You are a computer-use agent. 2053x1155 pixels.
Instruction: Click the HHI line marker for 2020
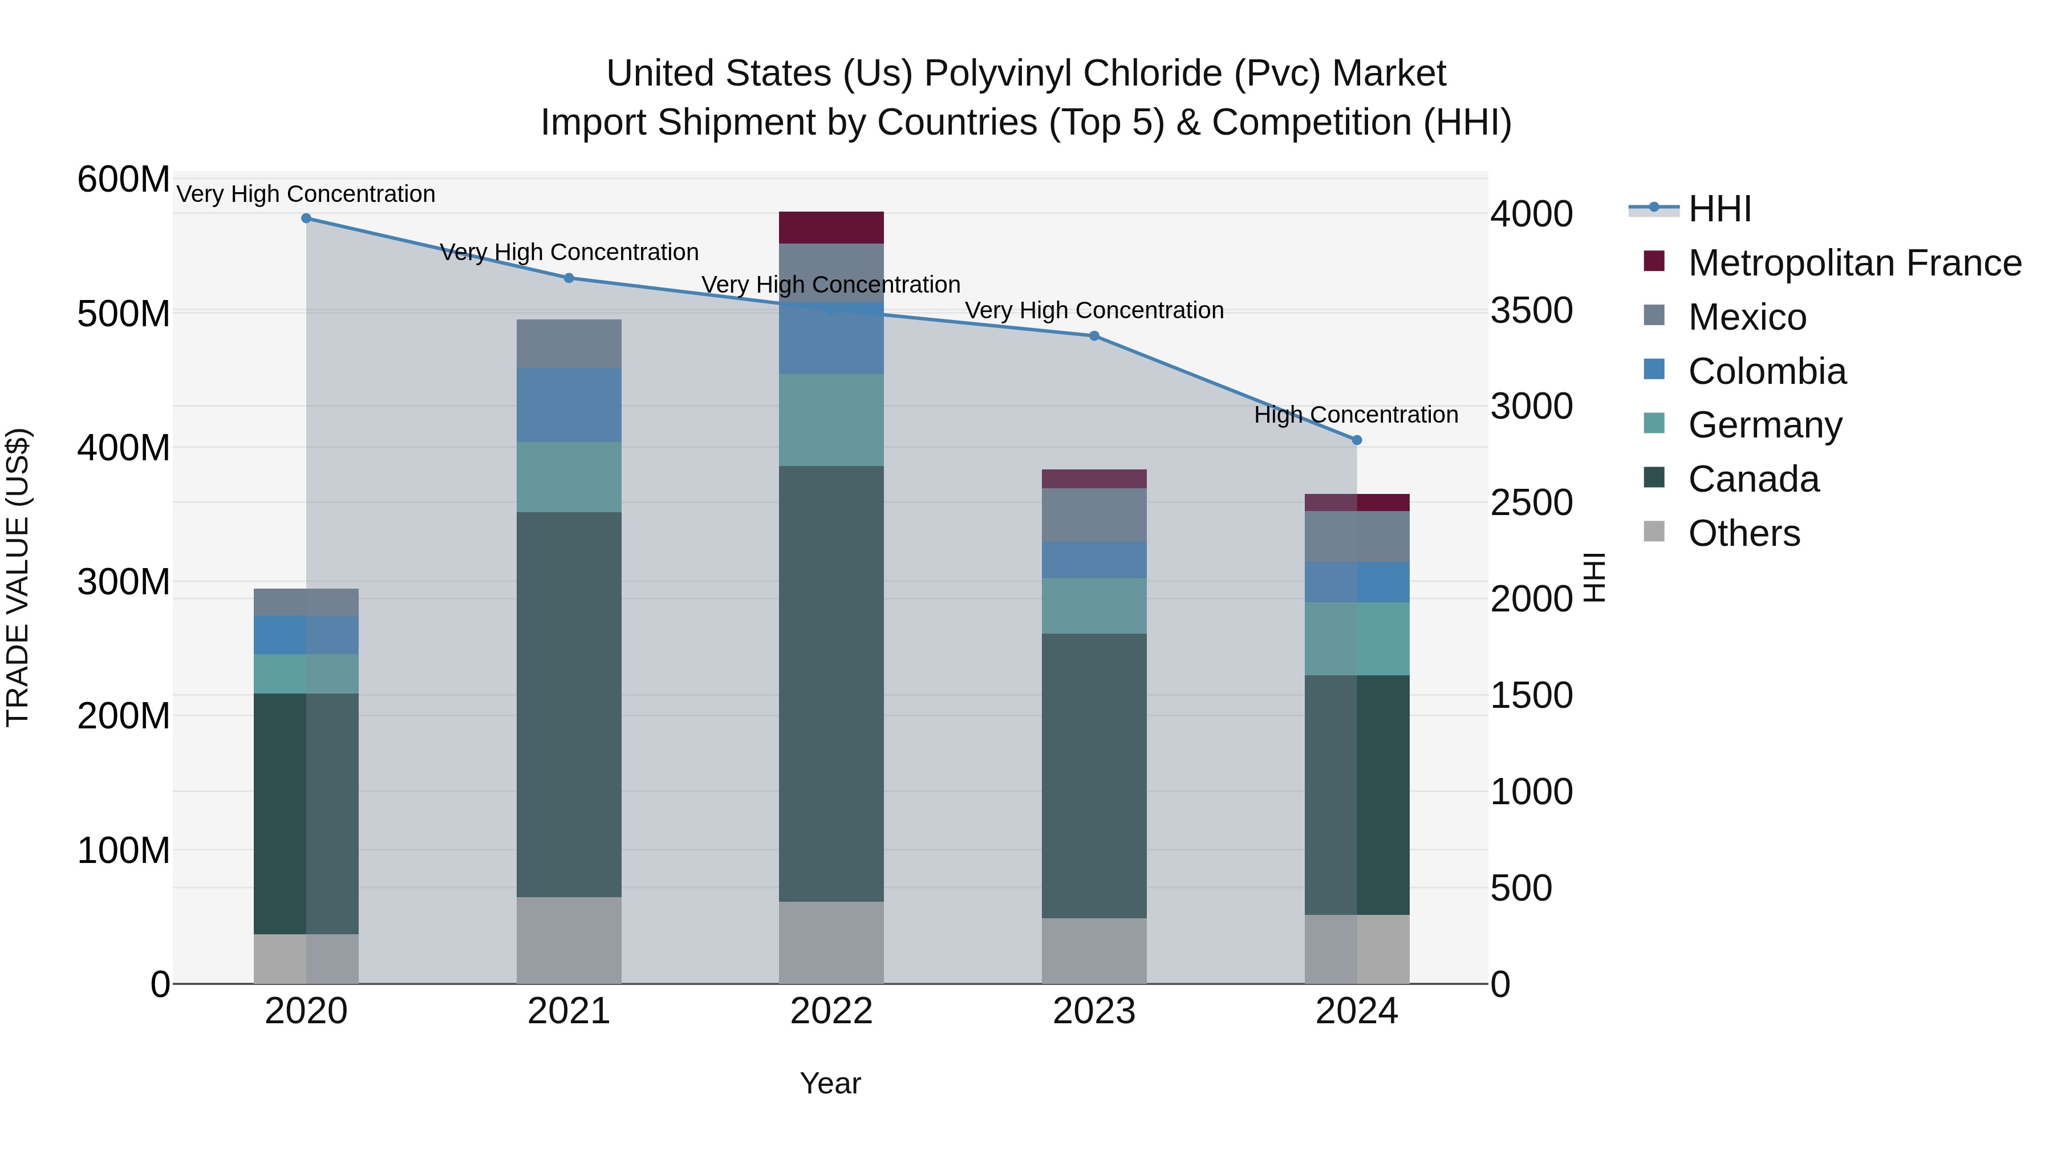306,218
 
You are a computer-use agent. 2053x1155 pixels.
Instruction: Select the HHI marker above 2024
1357,440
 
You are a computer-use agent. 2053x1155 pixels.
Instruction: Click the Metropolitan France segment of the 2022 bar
831,227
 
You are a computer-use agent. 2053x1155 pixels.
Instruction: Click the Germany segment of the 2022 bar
831,420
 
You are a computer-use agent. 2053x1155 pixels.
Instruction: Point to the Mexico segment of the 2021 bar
569,343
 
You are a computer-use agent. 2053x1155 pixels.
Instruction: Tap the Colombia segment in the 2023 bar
1094,560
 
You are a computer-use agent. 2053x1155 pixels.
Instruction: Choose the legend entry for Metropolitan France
1854,263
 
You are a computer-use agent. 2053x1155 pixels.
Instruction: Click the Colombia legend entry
1766,371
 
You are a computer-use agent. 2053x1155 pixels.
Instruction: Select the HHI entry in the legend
1719,209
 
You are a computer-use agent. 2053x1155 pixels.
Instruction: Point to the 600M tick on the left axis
124,179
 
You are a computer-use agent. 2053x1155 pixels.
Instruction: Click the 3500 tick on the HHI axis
1531,310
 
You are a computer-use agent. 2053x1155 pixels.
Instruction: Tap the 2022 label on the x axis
831,1011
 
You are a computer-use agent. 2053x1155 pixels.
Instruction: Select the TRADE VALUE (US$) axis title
18,577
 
